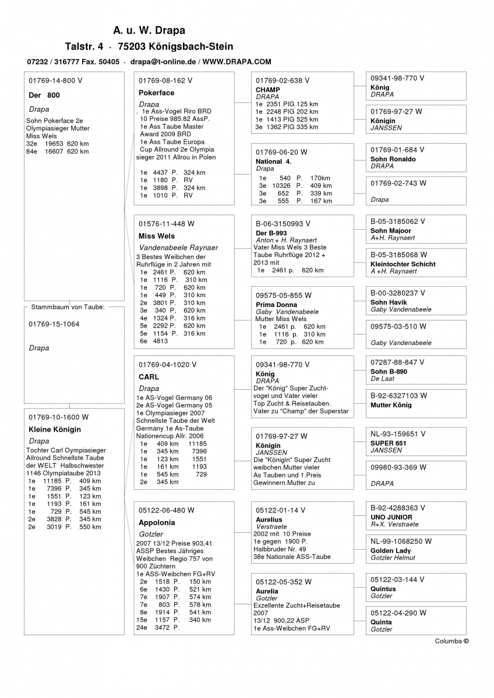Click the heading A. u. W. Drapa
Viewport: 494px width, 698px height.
(x=149, y=30)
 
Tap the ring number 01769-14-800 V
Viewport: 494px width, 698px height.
(x=55, y=81)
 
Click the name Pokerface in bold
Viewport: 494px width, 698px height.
(x=156, y=92)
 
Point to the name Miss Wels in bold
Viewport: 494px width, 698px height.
(x=156, y=236)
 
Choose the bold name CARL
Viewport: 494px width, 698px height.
(x=149, y=377)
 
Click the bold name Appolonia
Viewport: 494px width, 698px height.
(x=157, y=522)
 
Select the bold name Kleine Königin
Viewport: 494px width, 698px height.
(x=55, y=429)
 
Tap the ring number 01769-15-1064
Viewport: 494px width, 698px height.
(x=54, y=324)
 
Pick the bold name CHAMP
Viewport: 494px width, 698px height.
(x=267, y=90)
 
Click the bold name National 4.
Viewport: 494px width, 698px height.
(x=273, y=161)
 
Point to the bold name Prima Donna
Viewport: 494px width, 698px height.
(x=276, y=305)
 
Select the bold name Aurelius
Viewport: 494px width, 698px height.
(x=269, y=519)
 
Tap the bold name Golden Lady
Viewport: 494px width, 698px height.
(x=390, y=550)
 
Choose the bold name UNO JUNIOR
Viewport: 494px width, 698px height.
(x=391, y=517)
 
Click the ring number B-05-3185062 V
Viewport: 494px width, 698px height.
(x=398, y=222)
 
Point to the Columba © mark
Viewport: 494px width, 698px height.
(x=451, y=641)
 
